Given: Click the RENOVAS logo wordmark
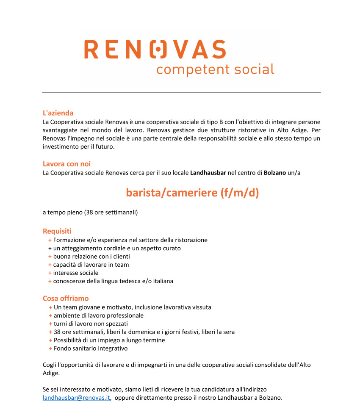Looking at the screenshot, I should click(155, 49).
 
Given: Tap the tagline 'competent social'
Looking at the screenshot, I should click(215, 69).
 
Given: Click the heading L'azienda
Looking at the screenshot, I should click(58, 113).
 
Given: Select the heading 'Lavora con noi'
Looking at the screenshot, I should click(66, 164).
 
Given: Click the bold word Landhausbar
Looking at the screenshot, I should click(208, 173).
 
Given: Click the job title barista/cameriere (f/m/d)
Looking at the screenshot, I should click(192, 193).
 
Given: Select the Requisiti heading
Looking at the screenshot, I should click(57, 231).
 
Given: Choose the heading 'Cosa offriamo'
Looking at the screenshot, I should click(66, 299).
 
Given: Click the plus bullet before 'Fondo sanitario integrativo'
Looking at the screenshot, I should click(50, 348).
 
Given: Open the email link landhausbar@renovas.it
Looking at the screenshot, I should click(77, 398).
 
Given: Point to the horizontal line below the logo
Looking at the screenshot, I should click(181, 92).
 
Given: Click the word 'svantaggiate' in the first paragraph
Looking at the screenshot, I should click(61, 130).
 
